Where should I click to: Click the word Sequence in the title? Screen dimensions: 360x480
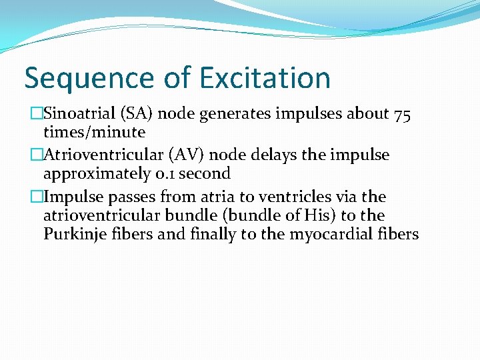[x=83, y=78]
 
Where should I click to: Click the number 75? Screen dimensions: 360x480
[x=402, y=115]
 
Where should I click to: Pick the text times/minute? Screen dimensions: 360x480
[x=94, y=132]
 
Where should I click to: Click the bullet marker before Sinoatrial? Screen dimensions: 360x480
[x=36, y=115]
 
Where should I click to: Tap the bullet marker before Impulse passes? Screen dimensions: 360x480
[x=36, y=197]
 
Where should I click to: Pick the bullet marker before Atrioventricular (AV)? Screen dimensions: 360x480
[x=36, y=156]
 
